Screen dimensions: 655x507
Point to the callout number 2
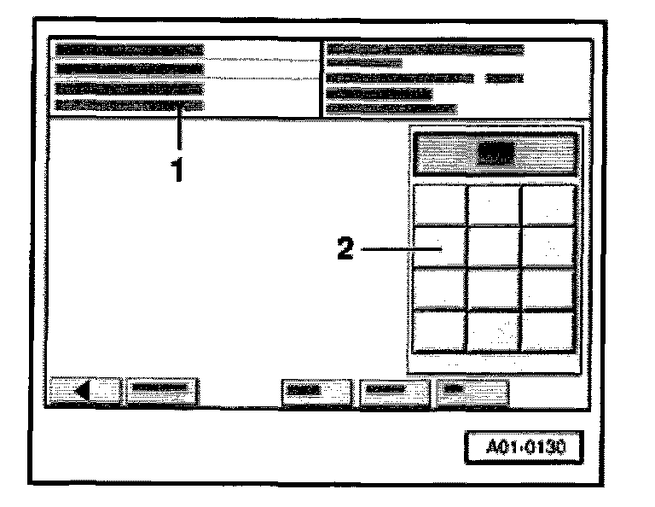click(x=345, y=250)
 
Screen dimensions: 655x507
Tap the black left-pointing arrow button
click(x=85, y=393)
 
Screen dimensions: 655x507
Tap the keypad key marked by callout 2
click(x=440, y=248)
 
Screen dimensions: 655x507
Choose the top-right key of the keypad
click(x=548, y=205)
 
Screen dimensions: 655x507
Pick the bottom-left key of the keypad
click(x=440, y=331)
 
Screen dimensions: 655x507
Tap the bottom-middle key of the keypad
click(x=494, y=331)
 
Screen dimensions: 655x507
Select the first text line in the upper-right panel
click(x=425, y=50)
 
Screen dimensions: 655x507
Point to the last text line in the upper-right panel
click(x=391, y=108)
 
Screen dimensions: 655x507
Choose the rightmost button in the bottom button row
click(x=472, y=393)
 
